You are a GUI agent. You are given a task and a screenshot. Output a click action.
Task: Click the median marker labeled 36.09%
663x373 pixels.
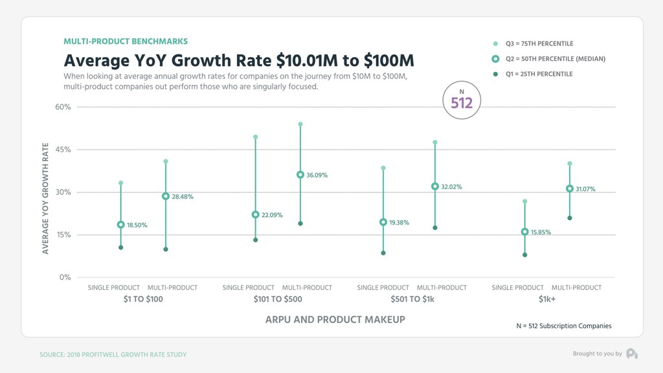pos(300,175)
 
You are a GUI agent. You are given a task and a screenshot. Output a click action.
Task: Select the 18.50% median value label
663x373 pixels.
pos(137,225)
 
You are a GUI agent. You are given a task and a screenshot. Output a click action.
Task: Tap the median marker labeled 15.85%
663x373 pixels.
pos(524,232)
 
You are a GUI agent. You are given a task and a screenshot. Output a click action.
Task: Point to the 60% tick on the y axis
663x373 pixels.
pos(63,107)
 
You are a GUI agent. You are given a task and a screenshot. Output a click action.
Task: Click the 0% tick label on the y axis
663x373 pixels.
pos(65,277)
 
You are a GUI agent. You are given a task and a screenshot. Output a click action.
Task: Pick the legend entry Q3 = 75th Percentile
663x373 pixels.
pos(534,43)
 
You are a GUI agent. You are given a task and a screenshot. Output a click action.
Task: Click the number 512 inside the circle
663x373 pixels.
pos(462,103)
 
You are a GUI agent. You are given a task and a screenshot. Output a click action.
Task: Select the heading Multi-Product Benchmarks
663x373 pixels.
pos(126,41)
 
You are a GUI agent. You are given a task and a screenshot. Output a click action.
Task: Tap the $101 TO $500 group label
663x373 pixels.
pos(278,299)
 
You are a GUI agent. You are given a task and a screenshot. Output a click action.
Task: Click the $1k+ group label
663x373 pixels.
pos(546,299)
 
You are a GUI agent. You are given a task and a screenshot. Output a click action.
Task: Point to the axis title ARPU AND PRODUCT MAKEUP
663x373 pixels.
pos(335,320)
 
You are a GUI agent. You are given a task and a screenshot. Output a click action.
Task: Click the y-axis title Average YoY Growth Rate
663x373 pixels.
pos(45,198)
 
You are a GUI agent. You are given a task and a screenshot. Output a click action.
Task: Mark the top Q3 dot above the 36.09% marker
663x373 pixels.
pos(300,124)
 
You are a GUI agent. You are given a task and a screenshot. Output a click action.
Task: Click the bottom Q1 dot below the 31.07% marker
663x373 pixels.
pos(570,218)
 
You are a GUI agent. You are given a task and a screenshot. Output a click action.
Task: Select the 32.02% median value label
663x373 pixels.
pos(451,186)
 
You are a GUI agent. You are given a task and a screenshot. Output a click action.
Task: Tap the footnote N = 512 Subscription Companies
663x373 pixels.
pos(564,326)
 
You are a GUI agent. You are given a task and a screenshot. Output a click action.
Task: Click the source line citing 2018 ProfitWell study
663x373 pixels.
pos(113,355)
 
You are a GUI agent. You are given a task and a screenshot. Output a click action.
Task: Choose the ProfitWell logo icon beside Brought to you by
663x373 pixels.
pos(632,354)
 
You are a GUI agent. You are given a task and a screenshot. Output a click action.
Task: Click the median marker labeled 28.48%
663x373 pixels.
pos(166,196)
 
